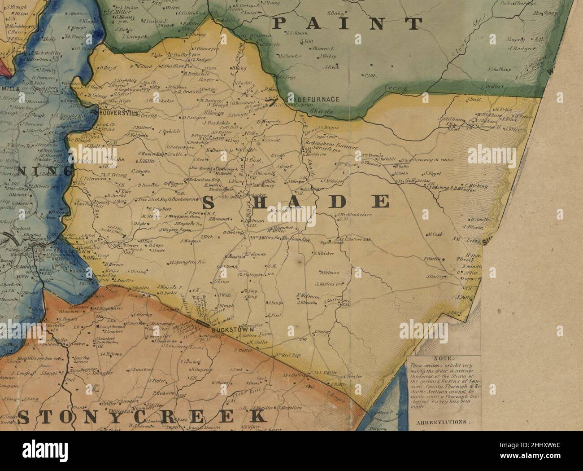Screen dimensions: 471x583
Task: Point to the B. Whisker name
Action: (324, 253)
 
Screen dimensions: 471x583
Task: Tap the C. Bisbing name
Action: (475, 185)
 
